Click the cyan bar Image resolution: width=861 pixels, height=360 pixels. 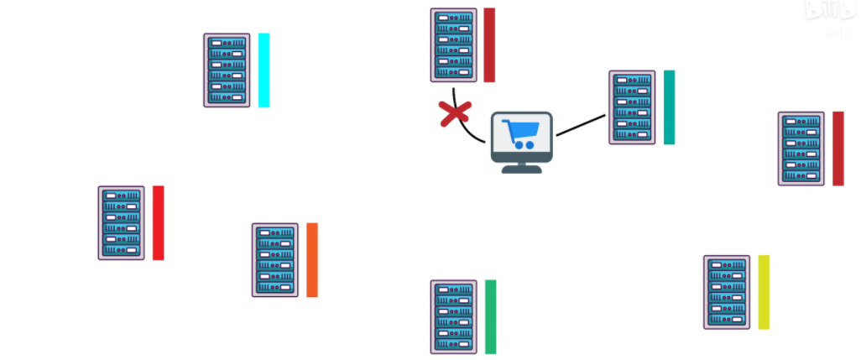click(x=264, y=70)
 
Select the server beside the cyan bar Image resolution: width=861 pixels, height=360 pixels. click(x=227, y=70)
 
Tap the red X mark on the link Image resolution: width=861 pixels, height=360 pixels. click(x=455, y=114)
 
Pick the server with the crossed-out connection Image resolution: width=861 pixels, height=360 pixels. click(x=454, y=45)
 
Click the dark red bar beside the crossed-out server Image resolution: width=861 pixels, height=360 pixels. click(x=489, y=45)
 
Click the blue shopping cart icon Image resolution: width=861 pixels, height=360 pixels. click(x=519, y=133)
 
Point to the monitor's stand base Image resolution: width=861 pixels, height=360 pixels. click(x=521, y=169)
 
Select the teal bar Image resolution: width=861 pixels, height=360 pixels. click(x=669, y=107)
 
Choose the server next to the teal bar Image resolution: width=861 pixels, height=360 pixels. click(x=632, y=107)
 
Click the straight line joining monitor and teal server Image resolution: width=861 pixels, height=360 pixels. click(x=580, y=125)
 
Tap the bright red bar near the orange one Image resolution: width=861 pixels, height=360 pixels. click(x=158, y=222)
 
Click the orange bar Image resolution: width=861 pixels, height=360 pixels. click(x=312, y=259)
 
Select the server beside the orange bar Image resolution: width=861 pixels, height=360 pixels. click(x=275, y=259)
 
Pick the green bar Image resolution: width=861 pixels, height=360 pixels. click(x=490, y=316)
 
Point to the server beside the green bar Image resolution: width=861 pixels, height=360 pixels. click(x=454, y=316)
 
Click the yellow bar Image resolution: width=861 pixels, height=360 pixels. click(x=764, y=292)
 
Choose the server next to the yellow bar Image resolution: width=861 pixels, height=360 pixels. click(x=727, y=292)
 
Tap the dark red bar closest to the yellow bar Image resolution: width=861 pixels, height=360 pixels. click(x=838, y=149)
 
